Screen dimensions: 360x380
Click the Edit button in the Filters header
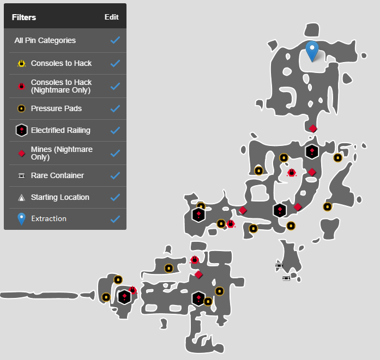click(111, 17)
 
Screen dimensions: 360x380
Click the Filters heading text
click(24, 17)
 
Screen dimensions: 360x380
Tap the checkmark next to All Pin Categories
click(114, 40)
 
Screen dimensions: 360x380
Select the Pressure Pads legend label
click(56, 108)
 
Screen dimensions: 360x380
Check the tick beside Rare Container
click(114, 175)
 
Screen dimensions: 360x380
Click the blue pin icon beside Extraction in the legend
click(21, 218)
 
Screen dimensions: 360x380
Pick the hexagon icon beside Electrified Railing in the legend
click(21, 130)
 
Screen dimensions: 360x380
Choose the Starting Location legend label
click(60, 197)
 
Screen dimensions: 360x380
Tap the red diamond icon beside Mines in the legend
click(21, 153)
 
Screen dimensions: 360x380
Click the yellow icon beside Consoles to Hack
click(21, 63)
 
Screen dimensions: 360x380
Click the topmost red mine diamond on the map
click(313, 129)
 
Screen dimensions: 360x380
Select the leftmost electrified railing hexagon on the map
click(124, 296)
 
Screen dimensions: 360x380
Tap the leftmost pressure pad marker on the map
click(106, 297)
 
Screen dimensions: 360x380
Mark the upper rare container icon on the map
click(279, 266)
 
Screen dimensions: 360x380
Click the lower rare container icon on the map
click(286, 278)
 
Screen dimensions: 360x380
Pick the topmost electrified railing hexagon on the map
click(311, 151)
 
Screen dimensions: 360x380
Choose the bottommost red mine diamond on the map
click(198, 274)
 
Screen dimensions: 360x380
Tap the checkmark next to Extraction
click(114, 219)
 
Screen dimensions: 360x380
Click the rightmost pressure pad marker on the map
click(338, 158)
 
